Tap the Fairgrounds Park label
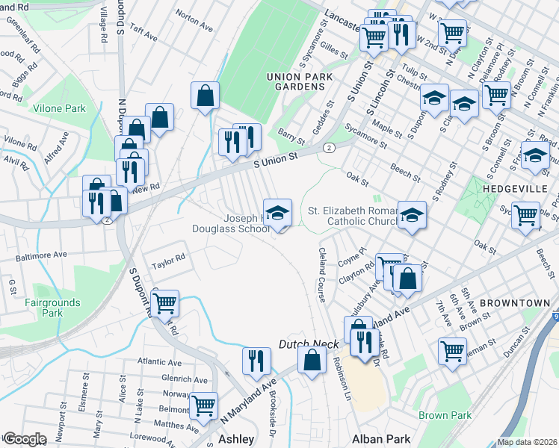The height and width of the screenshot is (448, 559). tap(42, 308)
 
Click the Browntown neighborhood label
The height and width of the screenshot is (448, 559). tap(514, 303)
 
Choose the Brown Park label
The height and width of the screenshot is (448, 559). tap(445, 415)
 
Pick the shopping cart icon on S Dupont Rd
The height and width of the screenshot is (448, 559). tap(164, 304)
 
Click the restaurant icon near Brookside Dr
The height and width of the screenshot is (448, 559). tap(256, 361)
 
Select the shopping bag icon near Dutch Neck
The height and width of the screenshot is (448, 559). tap(312, 361)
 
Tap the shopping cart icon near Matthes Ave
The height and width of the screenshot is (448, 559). tap(203, 406)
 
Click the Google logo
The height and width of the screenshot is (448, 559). tap(24, 439)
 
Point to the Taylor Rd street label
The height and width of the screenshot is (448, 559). tap(168, 261)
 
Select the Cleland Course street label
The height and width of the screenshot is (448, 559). tap(322, 276)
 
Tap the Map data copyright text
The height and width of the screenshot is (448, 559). tap(526, 442)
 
